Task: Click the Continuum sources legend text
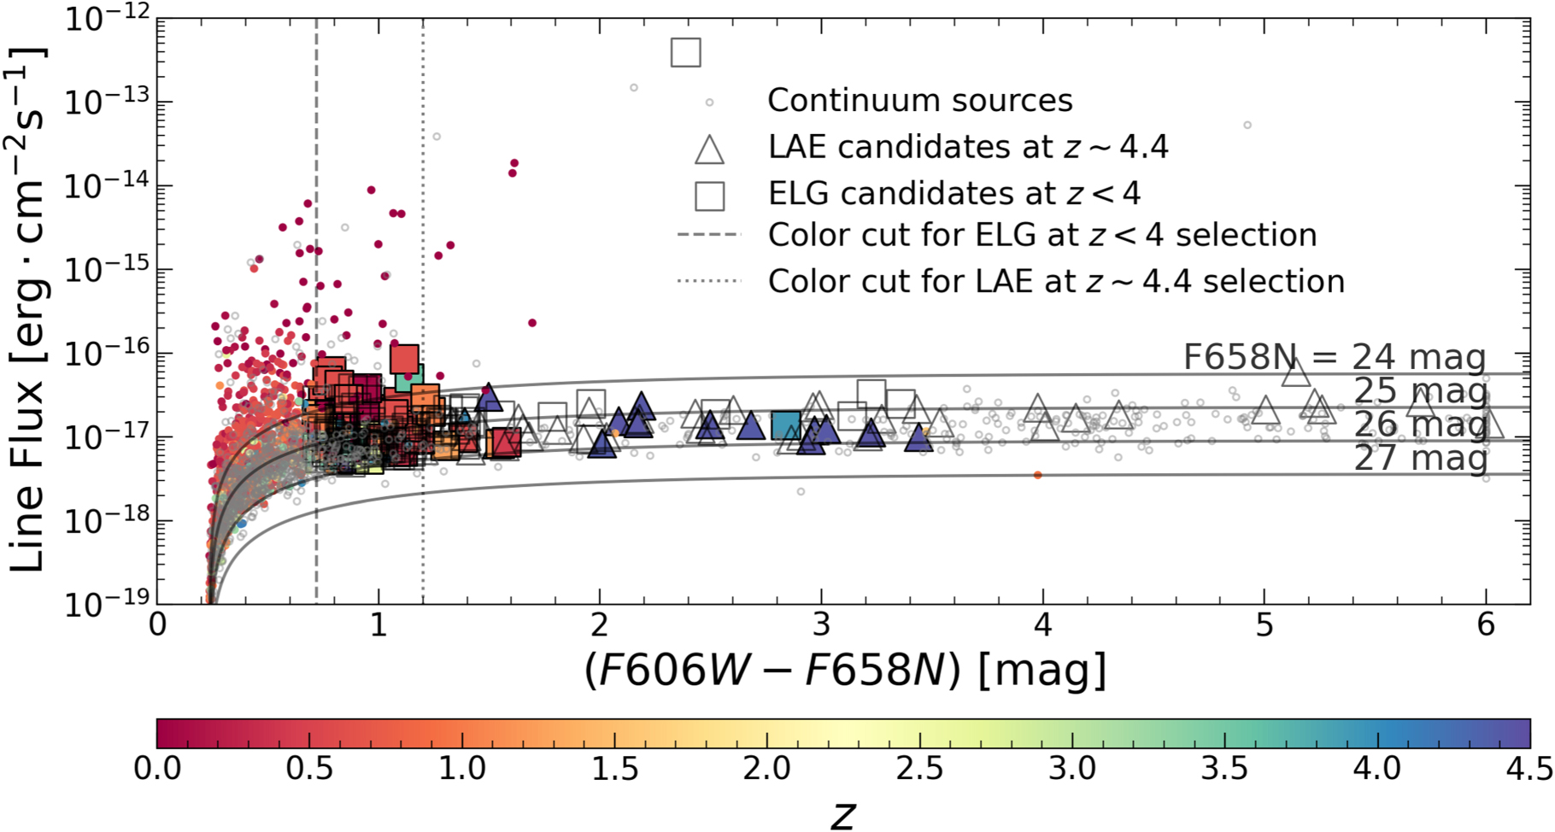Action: coord(919,101)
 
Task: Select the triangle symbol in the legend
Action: coord(709,149)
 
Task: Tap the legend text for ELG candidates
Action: coord(954,194)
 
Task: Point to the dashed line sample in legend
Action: coord(708,235)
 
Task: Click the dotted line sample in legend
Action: coord(708,281)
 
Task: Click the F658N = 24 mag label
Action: coord(1334,357)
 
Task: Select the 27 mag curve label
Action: coord(1420,458)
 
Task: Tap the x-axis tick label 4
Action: coord(1042,625)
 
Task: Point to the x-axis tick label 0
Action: coord(157,625)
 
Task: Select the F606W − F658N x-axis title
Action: coord(844,671)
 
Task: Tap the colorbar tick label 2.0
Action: coord(766,769)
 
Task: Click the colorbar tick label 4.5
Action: coord(1529,769)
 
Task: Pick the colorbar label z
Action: coord(842,815)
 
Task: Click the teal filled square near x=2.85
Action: coord(786,425)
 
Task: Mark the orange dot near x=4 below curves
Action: coord(1037,475)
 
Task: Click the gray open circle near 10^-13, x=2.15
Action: coord(634,88)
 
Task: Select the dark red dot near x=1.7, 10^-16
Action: coord(532,323)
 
